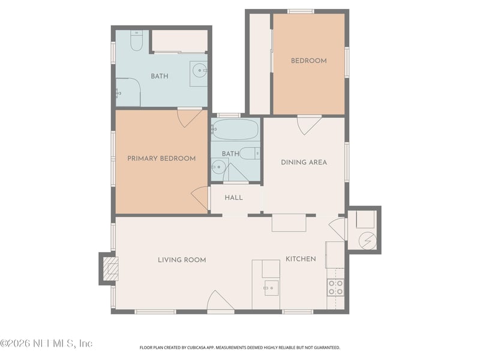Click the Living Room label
coord(182,260)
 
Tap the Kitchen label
coord(301,259)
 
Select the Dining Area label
coord(304,162)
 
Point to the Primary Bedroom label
coord(161,158)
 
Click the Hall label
coord(234,198)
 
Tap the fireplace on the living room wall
coord(110,269)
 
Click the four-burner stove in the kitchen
coord(335,287)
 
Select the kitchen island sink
coord(271,288)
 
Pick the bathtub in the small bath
coord(235,130)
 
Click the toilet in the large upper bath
coord(137,40)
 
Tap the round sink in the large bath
coord(199,70)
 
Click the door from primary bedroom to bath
coord(190,118)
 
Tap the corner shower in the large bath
coord(128,92)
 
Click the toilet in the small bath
coord(250,154)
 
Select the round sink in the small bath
coord(218,167)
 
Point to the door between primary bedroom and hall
coord(200,198)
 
